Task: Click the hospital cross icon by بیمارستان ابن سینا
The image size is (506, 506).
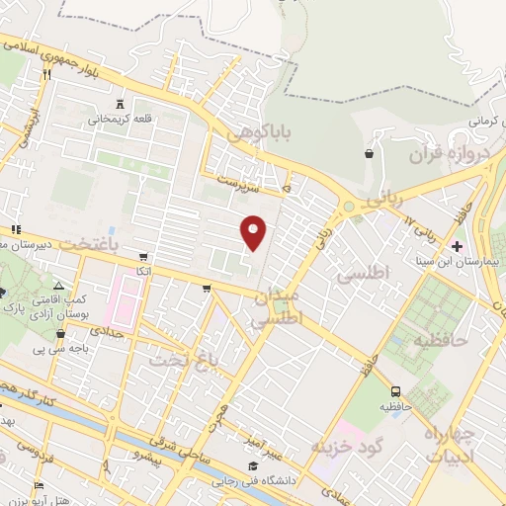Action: pos(457,245)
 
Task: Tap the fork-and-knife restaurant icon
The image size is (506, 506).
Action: pos(45,73)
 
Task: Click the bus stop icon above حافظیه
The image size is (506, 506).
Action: pos(396,391)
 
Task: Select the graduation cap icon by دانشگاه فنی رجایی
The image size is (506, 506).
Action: pos(253,466)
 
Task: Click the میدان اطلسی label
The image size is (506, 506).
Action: pos(277,307)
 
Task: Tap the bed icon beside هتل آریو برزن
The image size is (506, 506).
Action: pos(39,485)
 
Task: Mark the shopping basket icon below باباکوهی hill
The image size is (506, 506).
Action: pos(370,153)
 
